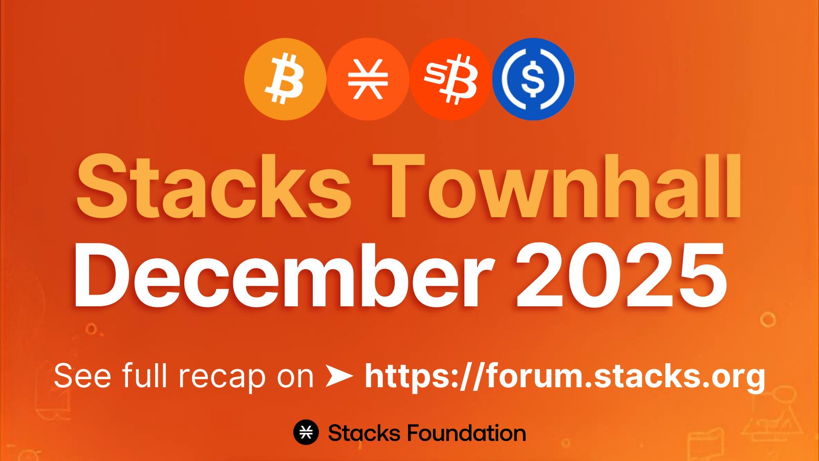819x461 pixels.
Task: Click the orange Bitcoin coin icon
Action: coord(285,79)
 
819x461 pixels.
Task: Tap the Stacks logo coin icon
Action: coord(368,79)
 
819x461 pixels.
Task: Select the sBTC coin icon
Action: coord(450,79)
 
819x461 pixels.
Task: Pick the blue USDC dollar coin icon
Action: coord(533,79)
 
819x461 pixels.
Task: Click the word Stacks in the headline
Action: coord(213,186)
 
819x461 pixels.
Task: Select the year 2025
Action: coord(621,275)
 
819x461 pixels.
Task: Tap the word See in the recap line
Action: coord(82,376)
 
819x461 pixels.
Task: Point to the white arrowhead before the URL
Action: coord(339,376)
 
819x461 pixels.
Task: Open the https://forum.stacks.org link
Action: coord(565,377)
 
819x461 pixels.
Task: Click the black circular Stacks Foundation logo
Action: coord(306,432)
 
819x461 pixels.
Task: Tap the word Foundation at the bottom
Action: coord(466,433)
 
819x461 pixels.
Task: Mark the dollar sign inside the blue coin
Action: coord(533,79)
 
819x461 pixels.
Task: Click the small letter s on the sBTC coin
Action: coord(433,73)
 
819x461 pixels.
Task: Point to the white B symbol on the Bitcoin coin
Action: coord(285,79)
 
